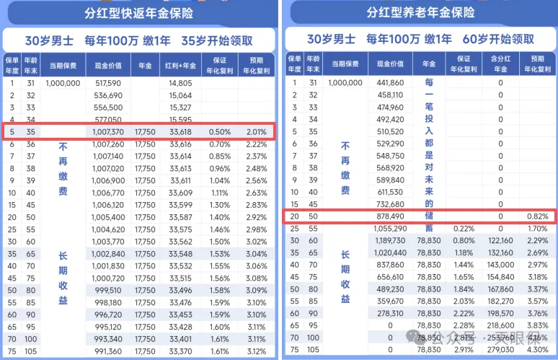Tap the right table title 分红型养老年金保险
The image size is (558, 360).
click(x=420, y=13)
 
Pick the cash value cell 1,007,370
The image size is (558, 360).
click(x=107, y=132)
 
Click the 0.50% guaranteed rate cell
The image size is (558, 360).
click(x=220, y=132)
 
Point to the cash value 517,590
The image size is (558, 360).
click(x=107, y=83)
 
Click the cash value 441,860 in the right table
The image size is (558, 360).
click(x=390, y=83)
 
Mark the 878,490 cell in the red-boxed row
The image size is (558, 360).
click(x=390, y=216)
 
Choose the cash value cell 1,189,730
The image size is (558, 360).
click(x=390, y=241)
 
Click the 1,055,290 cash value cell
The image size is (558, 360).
click(x=390, y=229)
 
